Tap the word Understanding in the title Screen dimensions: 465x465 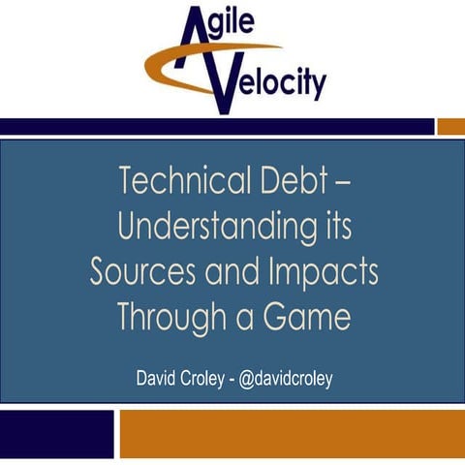click(217, 227)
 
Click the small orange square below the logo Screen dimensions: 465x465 click(450, 127)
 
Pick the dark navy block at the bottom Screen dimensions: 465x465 click(56, 432)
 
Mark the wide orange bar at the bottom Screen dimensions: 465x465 click(292, 432)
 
